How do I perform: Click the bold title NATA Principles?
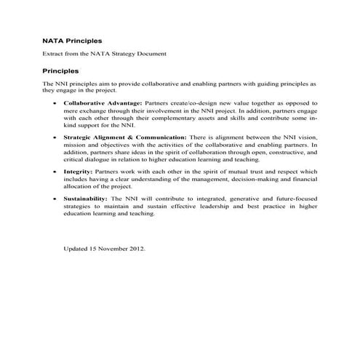point(72,41)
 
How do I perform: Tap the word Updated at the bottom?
point(75,249)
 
